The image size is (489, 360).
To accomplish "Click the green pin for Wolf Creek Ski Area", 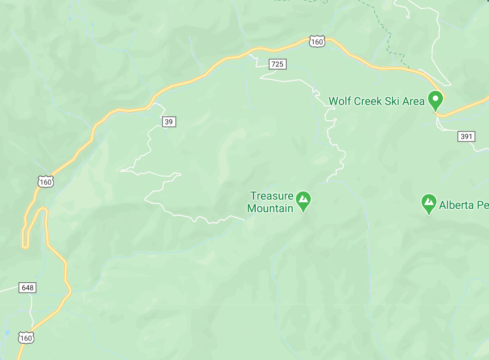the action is point(435,100).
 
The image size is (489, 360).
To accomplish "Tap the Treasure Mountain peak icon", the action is point(303,201).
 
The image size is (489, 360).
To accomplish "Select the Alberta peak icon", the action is point(429,203).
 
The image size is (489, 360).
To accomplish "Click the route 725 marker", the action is point(277,64).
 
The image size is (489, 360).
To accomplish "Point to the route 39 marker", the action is point(169,121).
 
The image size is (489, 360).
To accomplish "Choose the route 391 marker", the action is point(466,136).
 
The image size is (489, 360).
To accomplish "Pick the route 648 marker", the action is point(27,287).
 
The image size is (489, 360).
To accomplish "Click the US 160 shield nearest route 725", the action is point(317,41).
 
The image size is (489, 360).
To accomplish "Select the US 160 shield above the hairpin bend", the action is point(46,182).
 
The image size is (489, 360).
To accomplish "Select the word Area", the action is point(414,102).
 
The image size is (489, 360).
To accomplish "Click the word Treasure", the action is point(271,196).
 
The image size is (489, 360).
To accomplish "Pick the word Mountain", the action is point(270,208).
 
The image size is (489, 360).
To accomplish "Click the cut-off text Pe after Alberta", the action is point(484,205).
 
